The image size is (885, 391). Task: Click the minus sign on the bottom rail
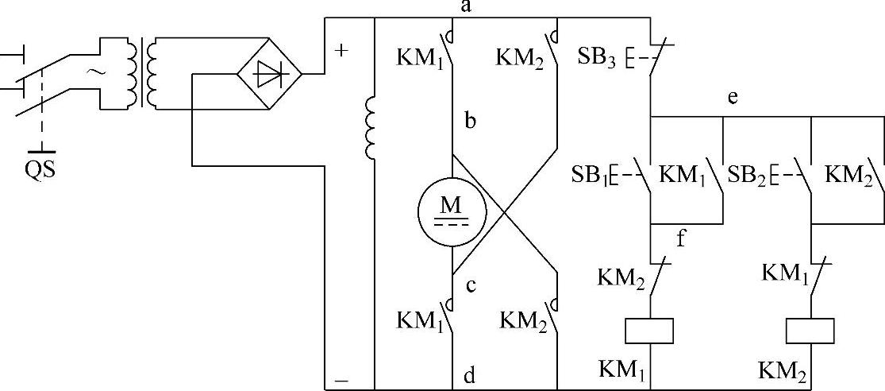coord(341,381)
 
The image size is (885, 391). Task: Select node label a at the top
coord(467,8)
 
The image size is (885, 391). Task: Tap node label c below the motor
coord(470,286)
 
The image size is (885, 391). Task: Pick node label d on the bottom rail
coord(468,376)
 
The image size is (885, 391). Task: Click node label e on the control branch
coord(733,99)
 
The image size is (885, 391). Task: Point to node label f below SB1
coord(681,237)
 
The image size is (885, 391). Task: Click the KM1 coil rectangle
coord(650,330)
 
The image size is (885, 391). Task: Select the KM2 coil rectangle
coord(810,330)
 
